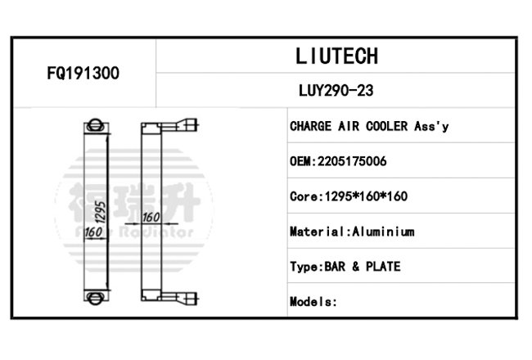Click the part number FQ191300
tap(83, 73)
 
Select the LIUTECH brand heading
tap(336, 56)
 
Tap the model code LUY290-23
tap(336, 91)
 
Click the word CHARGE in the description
tap(310, 126)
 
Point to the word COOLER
tap(387, 126)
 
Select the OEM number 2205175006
tap(352, 161)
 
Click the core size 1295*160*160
tap(366, 196)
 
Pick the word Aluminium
tap(383, 232)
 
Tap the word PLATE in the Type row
tap(383, 267)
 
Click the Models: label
tap(313, 302)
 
